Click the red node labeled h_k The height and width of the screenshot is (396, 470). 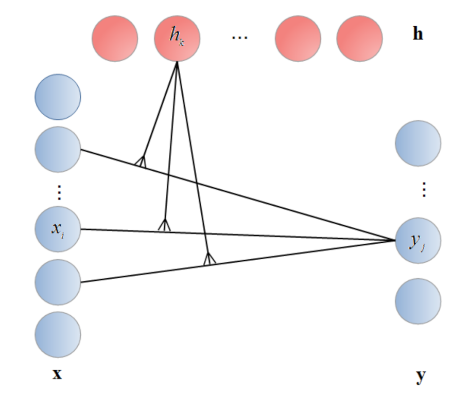click(x=177, y=39)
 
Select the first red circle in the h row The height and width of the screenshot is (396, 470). click(x=115, y=39)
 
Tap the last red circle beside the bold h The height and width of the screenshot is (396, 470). click(x=359, y=39)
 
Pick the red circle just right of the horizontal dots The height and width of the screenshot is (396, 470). click(x=298, y=39)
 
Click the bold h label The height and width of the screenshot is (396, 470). click(x=417, y=34)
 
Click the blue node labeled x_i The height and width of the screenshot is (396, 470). click(x=58, y=229)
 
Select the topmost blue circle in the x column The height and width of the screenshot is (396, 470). click(x=58, y=97)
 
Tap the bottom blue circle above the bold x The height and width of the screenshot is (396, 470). click(x=58, y=334)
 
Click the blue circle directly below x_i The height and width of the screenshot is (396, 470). click(x=58, y=282)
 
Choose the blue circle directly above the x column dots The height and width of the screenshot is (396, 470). click(x=58, y=149)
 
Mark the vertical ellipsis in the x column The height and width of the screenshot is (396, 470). click(x=58, y=192)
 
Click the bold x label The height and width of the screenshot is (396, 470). click(x=57, y=374)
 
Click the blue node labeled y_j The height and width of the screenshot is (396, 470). click(x=418, y=240)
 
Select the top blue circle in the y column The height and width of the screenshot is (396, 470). click(x=418, y=143)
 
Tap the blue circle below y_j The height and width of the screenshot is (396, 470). click(x=418, y=301)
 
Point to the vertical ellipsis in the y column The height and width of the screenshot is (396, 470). click(x=424, y=190)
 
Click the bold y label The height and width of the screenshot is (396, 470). click(x=421, y=376)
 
